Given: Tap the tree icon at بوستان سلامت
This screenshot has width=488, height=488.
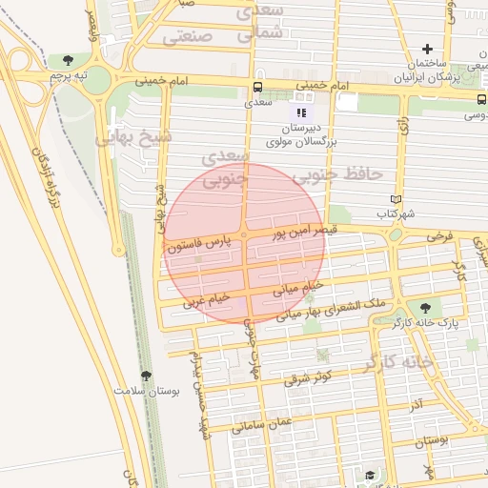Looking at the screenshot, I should coord(145,376).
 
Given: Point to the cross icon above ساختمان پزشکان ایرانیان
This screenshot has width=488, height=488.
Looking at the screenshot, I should coord(427,50).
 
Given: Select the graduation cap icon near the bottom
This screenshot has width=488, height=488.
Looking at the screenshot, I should coord(368,474).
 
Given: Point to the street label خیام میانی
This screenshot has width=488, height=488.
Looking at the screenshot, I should coord(299,284).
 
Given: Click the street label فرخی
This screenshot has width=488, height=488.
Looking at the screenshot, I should coord(437,234).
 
